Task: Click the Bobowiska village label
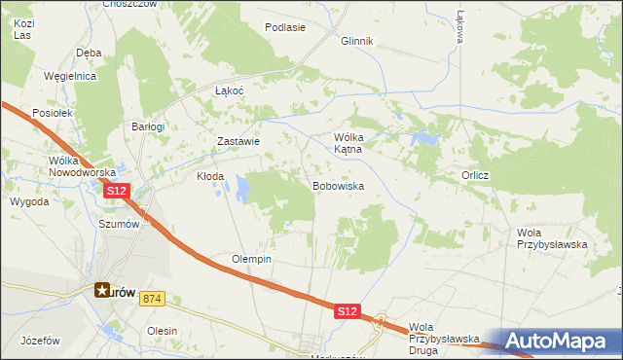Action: (338, 185)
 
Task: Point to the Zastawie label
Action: (238, 141)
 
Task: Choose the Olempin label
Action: (251, 260)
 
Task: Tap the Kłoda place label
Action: (210, 177)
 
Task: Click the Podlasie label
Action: (285, 27)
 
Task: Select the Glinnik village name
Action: (357, 41)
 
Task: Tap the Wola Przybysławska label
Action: (552, 238)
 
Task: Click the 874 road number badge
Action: (151, 298)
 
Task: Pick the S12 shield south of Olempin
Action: (348, 311)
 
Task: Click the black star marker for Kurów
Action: (102, 289)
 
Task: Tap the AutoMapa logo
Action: (558, 341)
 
